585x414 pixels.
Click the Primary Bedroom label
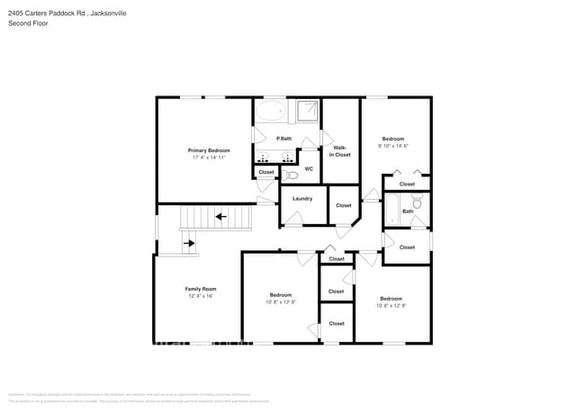(x=208, y=150)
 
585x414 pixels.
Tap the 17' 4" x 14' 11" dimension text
(x=208, y=157)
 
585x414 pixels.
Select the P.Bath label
(x=283, y=139)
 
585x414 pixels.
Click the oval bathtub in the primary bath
(x=269, y=112)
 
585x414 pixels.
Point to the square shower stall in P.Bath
(x=307, y=111)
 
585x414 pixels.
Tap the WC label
(x=309, y=168)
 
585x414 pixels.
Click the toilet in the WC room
(x=290, y=175)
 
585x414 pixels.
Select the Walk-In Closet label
(x=340, y=151)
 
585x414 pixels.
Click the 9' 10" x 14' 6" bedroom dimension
(x=393, y=146)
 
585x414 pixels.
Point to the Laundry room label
(x=302, y=198)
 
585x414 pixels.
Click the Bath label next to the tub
(x=408, y=211)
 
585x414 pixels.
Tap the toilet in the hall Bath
(x=418, y=203)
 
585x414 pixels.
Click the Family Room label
(x=201, y=289)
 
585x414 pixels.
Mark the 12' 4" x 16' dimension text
(x=201, y=296)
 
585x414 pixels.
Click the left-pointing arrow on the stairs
(x=220, y=216)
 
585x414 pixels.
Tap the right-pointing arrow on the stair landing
(x=189, y=242)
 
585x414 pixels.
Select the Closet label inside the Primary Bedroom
(x=266, y=172)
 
